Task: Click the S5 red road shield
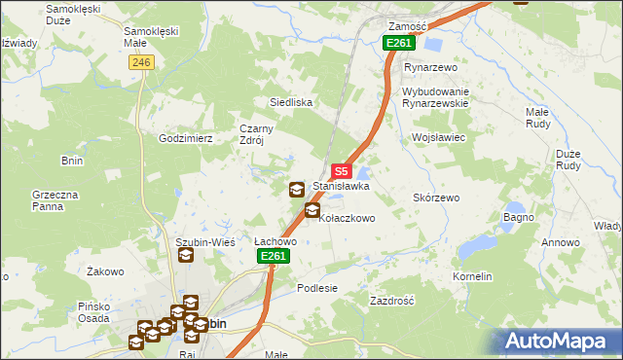[342, 170]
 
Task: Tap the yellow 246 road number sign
[141, 61]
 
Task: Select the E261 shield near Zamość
[399, 44]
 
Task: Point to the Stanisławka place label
[341, 186]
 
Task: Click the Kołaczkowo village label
[348, 219]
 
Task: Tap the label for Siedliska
[290, 101]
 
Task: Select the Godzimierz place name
[186, 139]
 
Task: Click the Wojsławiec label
[441, 138]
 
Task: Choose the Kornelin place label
[472, 277]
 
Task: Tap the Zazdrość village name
[392, 302]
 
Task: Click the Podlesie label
[317, 288]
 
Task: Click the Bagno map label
[519, 217]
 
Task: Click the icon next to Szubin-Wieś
[185, 256]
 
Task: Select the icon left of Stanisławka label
[296, 189]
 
